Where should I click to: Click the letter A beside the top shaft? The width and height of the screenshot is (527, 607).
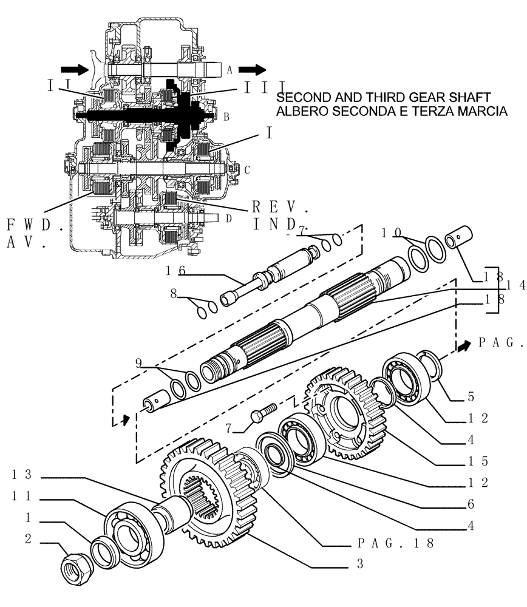coord(229,70)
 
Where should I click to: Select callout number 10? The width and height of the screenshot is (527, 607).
coord(392,232)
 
